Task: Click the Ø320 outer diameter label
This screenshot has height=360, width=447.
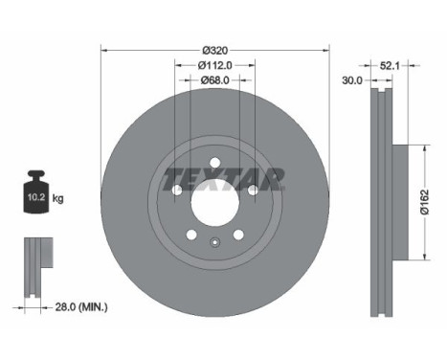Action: [214, 48]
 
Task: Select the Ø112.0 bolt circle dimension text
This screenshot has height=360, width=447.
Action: [214, 65]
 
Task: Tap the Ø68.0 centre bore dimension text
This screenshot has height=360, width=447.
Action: [214, 82]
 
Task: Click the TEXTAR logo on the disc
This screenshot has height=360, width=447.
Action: [223, 177]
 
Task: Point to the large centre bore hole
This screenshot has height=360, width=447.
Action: [214, 202]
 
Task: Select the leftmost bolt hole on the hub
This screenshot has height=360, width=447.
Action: [177, 191]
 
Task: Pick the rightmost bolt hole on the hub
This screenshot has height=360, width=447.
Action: [253, 191]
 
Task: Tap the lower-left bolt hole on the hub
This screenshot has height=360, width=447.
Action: [191, 235]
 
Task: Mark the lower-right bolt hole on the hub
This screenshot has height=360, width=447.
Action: [238, 235]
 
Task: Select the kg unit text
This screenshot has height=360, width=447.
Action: [58, 198]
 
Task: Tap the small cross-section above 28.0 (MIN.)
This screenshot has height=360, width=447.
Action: [35, 261]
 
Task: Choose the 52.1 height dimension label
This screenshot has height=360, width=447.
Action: [390, 66]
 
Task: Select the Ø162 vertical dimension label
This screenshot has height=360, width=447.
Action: [434, 202]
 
